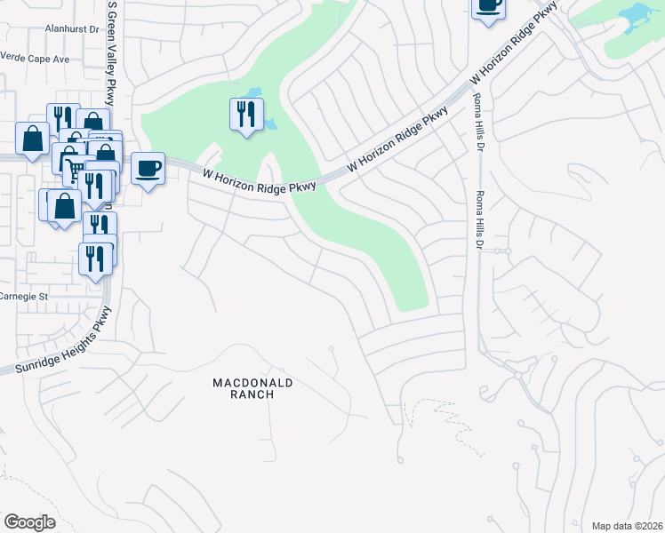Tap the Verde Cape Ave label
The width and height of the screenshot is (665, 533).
pyautogui.click(x=35, y=59)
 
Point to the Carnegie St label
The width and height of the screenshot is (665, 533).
pyautogui.click(x=21, y=296)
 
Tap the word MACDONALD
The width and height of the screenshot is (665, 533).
pyautogui.click(x=252, y=383)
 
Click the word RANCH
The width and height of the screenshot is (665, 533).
pyautogui.click(x=252, y=394)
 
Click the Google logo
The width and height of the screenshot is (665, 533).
pyautogui.click(x=30, y=521)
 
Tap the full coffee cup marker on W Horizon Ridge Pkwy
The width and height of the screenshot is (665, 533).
pyautogui.click(x=148, y=167)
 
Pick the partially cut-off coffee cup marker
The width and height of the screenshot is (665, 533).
pyautogui.click(x=487, y=6)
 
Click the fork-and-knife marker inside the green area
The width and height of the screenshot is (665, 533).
pyautogui.click(x=246, y=114)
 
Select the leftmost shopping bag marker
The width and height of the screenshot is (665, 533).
pyautogui.click(x=32, y=139)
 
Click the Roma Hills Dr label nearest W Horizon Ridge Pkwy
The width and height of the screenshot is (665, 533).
pyautogui.click(x=477, y=122)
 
